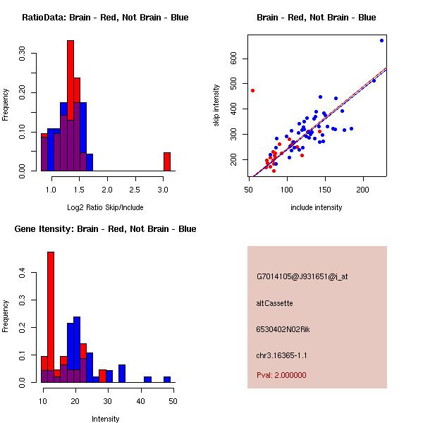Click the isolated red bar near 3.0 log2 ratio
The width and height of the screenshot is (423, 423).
(x=167, y=161)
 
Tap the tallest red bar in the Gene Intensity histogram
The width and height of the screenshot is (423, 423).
(x=51, y=317)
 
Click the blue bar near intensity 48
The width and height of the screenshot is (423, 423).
(x=167, y=379)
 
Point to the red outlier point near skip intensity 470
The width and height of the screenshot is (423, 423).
(x=252, y=91)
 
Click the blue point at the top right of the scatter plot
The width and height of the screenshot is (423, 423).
(x=381, y=40)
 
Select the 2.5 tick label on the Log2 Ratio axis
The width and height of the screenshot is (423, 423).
(x=135, y=190)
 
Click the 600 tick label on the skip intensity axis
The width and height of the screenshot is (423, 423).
(x=233, y=59)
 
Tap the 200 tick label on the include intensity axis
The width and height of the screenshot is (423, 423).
(x=362, y=190)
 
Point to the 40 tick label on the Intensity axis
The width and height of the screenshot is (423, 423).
(x=140, y=401)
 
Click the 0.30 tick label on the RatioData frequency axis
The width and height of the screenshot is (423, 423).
(x=22, y=54)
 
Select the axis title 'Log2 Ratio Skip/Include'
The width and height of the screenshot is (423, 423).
(x=105, y=207)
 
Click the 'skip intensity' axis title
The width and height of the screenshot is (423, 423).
(x=216, y=105)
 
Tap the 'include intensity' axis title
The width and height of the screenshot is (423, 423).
(x=316, y=207)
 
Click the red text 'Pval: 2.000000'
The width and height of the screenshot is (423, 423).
(x=281, y=375)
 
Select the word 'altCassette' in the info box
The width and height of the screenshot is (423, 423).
(x=274, y=303)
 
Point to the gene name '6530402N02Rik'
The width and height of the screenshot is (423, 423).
(x=283, y=329)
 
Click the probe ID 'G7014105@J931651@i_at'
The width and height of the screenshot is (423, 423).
(x=302, y=277)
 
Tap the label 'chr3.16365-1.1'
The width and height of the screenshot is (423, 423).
(x=281, y=355)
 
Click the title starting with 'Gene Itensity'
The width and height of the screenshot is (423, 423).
(x=105, y=229)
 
